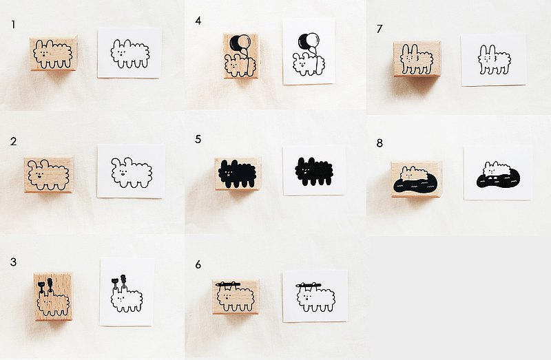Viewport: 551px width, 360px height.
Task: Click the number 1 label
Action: click(x=13, y=25)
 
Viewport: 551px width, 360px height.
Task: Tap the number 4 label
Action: click(x=198, y=21)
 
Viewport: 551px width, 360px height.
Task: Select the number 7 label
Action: click(x=380, y=29)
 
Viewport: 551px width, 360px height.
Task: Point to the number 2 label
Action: click(x=13, y=142)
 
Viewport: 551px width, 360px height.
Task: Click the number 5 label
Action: click(x=198, y=140)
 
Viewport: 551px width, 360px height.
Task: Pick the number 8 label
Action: click(x=380, y=143)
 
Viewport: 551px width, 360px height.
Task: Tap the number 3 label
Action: click(x=13, y=262)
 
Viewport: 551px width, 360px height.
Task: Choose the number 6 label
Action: click(x=198, y=264)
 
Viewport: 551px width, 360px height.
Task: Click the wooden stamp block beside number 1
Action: click(x=54, y=54)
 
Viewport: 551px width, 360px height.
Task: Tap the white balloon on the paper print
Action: click(x=313, y=39)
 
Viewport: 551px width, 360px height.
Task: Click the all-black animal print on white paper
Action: click(x=313, y=171)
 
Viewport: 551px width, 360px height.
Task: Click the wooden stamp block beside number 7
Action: click(x=417, y=59)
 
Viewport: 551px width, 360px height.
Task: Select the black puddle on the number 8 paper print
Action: click(x=498, y=179)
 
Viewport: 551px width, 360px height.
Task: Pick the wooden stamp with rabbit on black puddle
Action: click(x=416, y=179)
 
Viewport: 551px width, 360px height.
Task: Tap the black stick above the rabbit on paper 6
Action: click(x=308, y=284)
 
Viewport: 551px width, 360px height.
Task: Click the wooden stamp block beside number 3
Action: click(x=53, y=297)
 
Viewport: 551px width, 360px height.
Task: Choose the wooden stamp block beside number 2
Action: click(x=49, y=175)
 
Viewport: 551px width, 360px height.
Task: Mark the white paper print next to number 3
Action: click(x=127, y=293)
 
